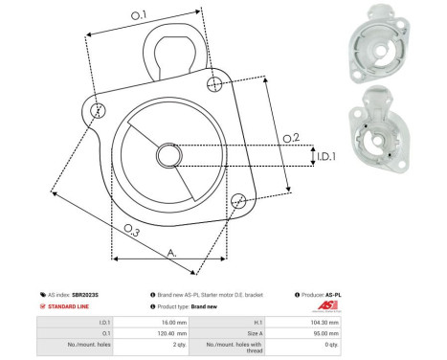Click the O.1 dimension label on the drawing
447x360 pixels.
[139, 14]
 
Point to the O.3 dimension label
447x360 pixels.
[132, 231]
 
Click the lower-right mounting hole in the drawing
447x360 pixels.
[239, 200]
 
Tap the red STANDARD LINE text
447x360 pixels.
[71, 306]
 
